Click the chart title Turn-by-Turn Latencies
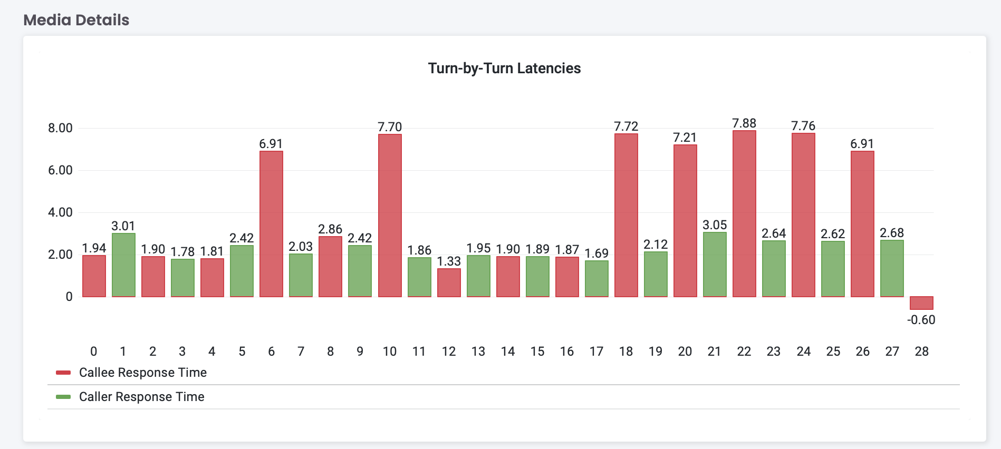(504, 69)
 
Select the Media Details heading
(76, 20)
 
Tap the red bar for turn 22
(744, 213)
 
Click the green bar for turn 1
(123, 265)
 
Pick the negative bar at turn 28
(921, 303)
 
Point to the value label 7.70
(390, 127)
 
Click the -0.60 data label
(921, 320)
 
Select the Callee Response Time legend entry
(142, 373)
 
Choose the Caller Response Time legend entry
(141, 397)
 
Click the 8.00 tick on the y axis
(60, 128)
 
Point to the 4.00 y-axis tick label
(60, 212)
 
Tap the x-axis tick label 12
(449, 352)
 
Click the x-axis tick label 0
(94, 352)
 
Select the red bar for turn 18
(626, 215)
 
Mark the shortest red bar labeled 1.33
(449, 283)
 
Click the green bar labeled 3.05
(715, 265)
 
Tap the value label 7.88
(744, 123)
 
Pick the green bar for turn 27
(892, 269)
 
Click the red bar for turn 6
(271, 224)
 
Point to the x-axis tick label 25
(833, 352)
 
